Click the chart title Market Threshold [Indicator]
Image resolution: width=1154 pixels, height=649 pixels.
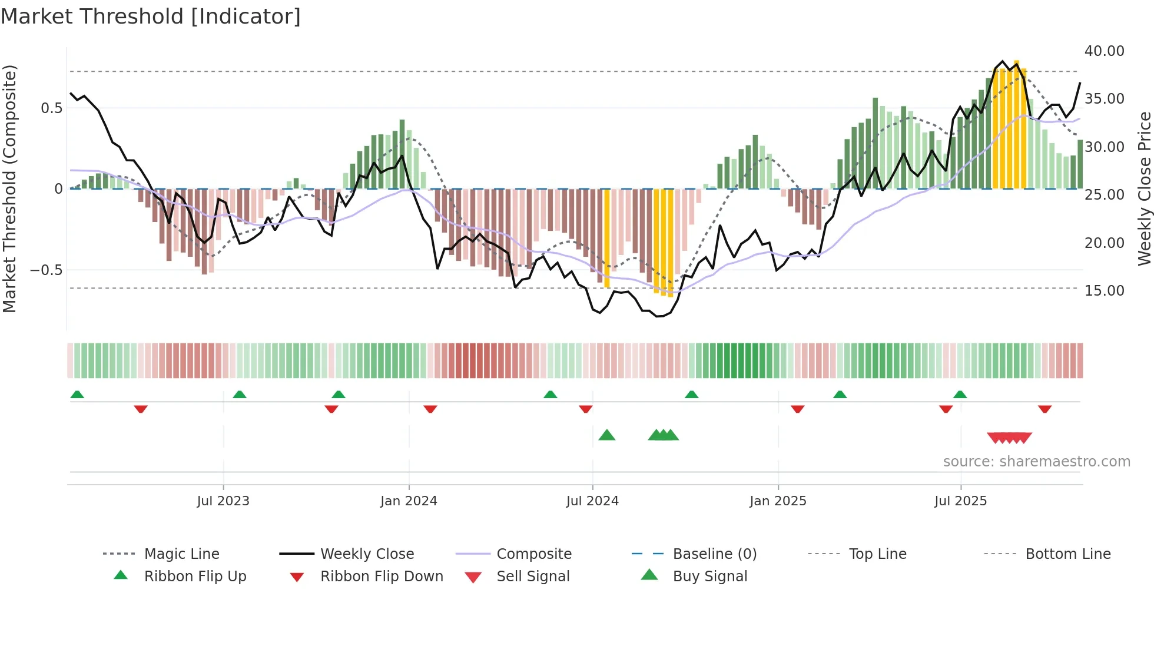[x=151, y=16]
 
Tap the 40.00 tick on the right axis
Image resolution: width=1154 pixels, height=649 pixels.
[x=1104, y=51]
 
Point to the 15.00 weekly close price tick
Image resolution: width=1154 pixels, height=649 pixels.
[x=1104, y=290]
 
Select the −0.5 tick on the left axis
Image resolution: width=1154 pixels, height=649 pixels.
[x=46, y=270]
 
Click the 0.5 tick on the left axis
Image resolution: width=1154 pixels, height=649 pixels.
[x=51, y=108]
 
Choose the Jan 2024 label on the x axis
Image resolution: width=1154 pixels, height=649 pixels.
[x=409, y=501]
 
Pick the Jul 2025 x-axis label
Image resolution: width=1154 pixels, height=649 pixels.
[x=960, y=501]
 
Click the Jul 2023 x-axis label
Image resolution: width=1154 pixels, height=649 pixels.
[x=223, y=501]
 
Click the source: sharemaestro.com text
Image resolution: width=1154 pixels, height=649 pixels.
[x=1036, y=462]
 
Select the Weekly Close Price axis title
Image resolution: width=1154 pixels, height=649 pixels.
[x=1144, y=188]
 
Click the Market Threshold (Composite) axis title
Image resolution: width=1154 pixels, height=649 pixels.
[x=9, y=188]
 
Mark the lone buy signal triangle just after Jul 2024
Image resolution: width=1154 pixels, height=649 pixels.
[x=606, y=436]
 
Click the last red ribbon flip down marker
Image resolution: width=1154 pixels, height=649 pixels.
[x=1044, y=409]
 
